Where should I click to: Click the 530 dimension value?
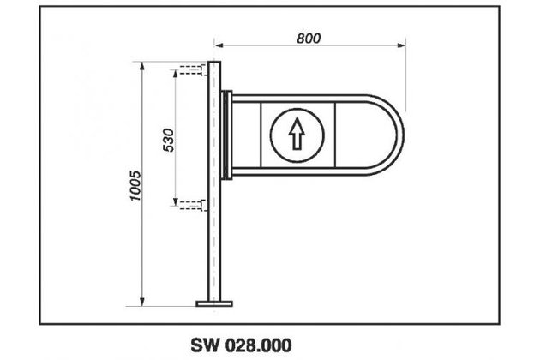coord(168,137)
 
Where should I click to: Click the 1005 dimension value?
coord(135,183)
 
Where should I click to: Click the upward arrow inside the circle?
coord(297,133)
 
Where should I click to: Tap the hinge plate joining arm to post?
coord(225,135)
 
